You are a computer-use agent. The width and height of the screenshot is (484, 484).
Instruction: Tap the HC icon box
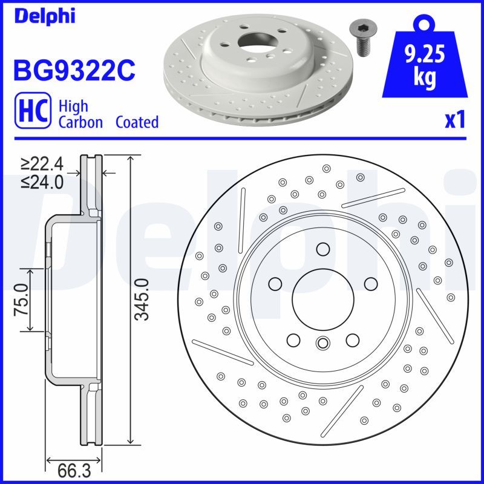(31, 114)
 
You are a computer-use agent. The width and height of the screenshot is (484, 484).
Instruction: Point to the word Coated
(137, 122)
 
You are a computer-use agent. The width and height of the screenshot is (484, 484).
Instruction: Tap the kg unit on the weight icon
(425, 79)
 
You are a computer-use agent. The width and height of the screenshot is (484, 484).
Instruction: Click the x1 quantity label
(455, 120)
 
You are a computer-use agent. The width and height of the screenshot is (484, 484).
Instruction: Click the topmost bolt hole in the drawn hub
(322, 249)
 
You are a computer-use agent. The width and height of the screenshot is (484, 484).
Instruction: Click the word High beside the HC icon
(73, 106)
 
